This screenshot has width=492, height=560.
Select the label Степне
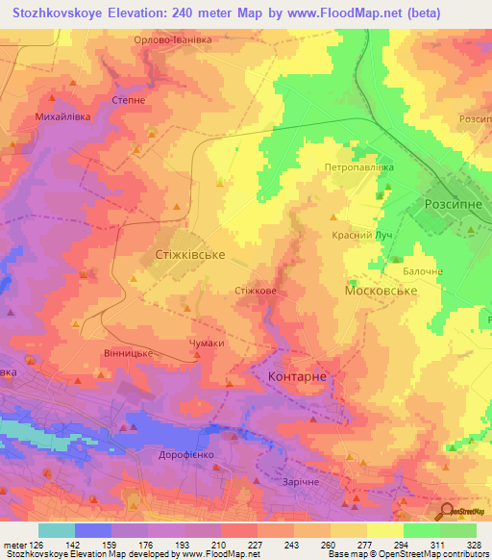128,98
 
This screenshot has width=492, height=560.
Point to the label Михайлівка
62,116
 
